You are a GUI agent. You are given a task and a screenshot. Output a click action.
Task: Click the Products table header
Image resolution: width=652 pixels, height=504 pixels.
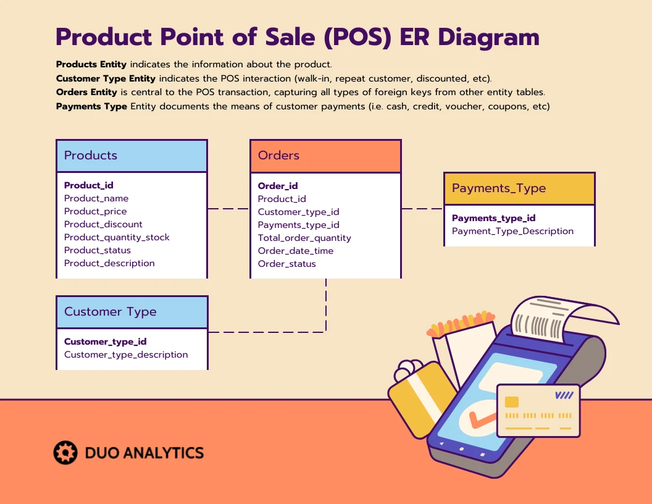tap(132, 156)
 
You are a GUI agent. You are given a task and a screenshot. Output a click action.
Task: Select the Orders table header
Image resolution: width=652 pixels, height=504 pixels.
tap(325, 156)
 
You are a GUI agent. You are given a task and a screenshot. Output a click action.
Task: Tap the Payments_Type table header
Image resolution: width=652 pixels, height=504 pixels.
tap(519, 188)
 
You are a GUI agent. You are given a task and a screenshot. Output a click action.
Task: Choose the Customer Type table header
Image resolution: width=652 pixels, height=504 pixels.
tap(132, 312)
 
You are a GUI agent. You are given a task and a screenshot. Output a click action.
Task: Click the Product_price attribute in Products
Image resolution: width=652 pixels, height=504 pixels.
tap(95, 211)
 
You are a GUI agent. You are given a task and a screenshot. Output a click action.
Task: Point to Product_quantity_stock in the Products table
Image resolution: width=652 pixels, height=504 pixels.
tap(117, 237)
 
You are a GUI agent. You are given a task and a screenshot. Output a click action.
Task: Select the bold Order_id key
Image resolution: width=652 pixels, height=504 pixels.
tap(278, 186)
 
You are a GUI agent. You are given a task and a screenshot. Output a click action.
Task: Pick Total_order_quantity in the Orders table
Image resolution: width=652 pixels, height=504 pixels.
tap(304, 238)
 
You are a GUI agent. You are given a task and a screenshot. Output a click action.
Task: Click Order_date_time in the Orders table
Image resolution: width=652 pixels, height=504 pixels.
tap(296, 251)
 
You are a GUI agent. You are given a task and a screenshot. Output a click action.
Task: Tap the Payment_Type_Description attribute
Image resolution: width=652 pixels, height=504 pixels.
tap(512, 231)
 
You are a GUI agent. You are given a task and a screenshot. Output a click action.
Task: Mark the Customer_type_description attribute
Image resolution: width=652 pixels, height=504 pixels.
tap(126, 355)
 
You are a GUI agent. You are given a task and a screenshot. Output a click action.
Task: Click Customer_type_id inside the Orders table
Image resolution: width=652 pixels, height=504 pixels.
tap(299, 212)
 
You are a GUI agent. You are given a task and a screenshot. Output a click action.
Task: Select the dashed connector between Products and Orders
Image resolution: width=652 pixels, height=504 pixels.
tap(228, 209)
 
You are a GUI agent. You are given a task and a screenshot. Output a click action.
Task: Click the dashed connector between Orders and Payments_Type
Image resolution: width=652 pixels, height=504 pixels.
tap(422, 209)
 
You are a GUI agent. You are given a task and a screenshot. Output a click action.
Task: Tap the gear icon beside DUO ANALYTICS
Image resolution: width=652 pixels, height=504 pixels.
tap(65, 453)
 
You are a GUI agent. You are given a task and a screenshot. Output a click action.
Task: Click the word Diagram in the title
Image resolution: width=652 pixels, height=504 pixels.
tap(488, 37)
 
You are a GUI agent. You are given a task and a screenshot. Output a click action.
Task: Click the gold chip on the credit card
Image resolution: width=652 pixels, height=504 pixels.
tap(512, 401)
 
